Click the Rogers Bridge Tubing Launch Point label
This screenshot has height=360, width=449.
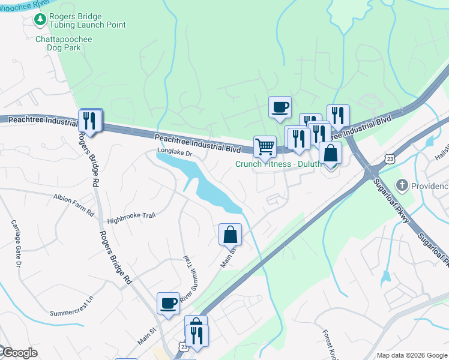[88, 20]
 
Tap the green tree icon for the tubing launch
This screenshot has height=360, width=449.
[40, 20]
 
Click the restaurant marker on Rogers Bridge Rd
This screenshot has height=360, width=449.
[90, 120]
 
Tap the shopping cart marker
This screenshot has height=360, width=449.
[265, 146]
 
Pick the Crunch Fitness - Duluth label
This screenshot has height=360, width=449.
[277, 163]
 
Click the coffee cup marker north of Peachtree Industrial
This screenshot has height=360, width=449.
[280, 107]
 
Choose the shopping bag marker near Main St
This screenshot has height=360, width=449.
[230, 235]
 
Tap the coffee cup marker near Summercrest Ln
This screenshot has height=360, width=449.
[168, 303]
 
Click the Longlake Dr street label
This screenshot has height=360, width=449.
[174, 153]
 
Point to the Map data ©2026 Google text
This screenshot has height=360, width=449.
[411, 355]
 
